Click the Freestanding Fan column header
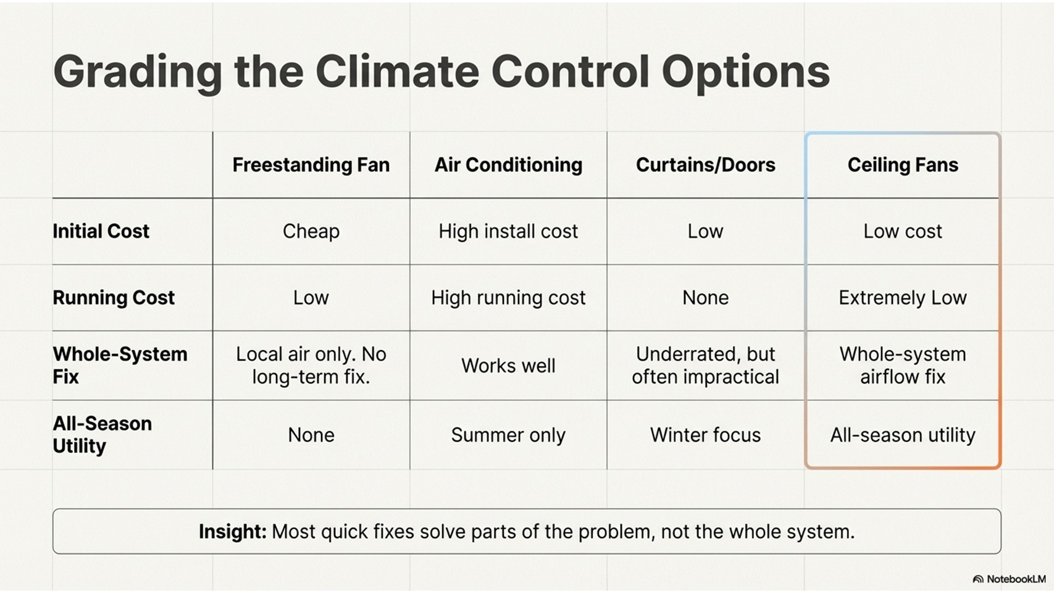[311, 165]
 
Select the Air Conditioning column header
[508, 165]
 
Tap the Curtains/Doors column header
[705, 165]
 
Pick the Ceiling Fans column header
[903, 165]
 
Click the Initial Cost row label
[101, 231]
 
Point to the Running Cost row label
[114, 298]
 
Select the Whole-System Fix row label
[120, 365]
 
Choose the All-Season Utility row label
[102, 434]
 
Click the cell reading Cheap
[311, 231]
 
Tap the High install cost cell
[508, 231]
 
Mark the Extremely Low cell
[903, 298]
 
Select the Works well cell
[508, 366]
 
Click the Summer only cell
[508, 435]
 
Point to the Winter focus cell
[705, 435]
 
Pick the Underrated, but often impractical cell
[705, 365]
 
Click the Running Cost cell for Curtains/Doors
[705, 298]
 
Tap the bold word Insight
[232, 531]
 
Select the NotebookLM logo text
[1016, 579]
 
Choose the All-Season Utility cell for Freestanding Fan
[311, 435]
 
